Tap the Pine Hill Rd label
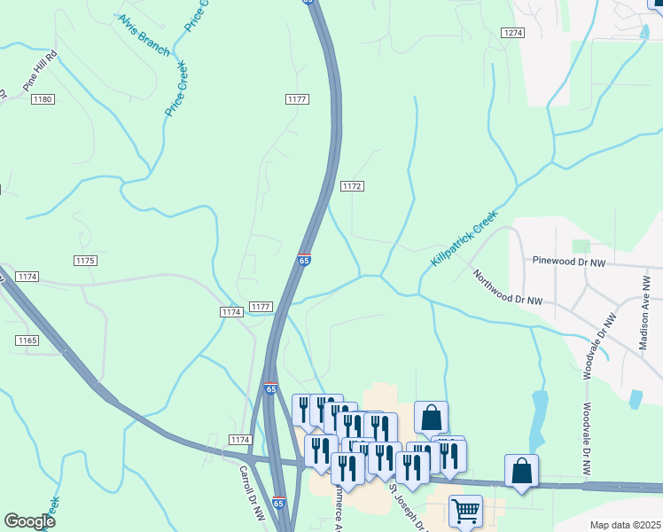41,70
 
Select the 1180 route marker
43,98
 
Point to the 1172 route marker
352,186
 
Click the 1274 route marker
512,33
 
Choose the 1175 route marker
85,260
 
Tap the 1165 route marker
27,340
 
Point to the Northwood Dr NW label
506,288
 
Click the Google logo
29,521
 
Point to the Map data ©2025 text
625,525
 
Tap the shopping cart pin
465,511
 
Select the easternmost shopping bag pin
522,471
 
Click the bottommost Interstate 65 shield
279,503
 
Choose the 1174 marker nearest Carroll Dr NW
239,440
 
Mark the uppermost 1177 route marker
297,98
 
